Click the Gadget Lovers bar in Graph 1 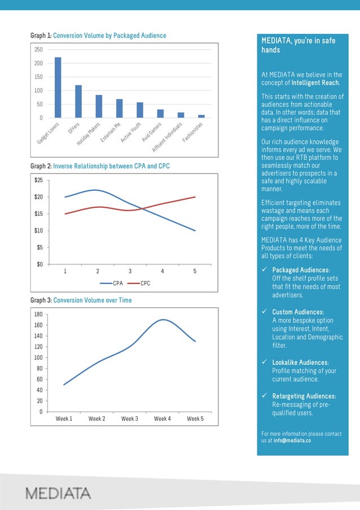pyautogui.click(x=58, y=88)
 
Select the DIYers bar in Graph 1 pyautogui.click(x=78, y=101)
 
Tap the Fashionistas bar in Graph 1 pyautogui.click(x=201, y=116)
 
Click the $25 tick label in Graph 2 pyautogui.click(x=39, y=180)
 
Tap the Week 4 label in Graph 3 pyautogui.click(x=162, y=419)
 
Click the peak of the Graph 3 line pyautogui.click(x=163, y=320)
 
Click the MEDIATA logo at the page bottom pyautogui.click(x=58, y=493)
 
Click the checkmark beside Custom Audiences pyautogui.click(x=264, y=312)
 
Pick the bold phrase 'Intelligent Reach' pyautogui.click(x=315, y=83)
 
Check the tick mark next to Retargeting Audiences pyautogui.click(x=264, y=396)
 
